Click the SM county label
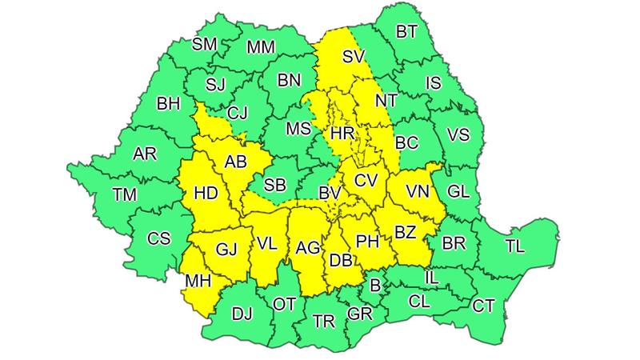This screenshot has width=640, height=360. click(x=205, y=44)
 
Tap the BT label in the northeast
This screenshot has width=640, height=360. click(x=406, y=33)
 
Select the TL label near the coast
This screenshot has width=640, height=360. click(x=516, y=246)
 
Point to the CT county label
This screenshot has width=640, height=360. click(x=483, y=305)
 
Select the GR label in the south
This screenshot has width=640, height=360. click(x=359, y=314)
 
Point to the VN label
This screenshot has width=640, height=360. click(x=418, y=191)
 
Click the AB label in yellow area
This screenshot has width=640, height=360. click(x=235, y=162)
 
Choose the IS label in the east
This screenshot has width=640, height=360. click(x=433, y=82)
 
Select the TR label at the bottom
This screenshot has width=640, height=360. click(x=323, y=321)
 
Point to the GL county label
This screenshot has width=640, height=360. click(x=458, y=191)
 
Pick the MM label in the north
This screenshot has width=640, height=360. click(x=261, y=47)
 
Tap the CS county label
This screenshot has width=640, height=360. click(x=159, y=238)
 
